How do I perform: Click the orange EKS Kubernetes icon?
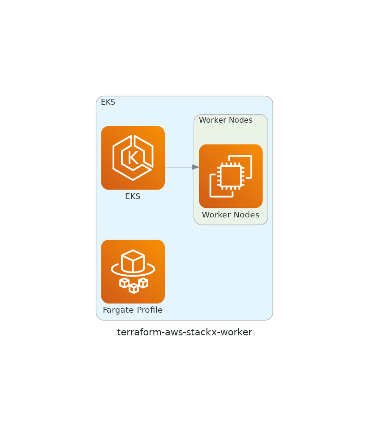(x=133, y=158)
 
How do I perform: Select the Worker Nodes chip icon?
(x=231, y=176)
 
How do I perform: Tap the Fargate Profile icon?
(x=133, y=271)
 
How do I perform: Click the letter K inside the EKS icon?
(x=133, y=158)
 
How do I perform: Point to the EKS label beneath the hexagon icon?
(x=133, y=197)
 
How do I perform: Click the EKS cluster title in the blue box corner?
(x=108, y=102)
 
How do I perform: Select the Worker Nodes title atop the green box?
(x=225, y=120)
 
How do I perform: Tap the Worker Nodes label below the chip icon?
(x=231, y=215)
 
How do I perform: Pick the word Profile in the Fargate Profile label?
(x=148, y=310)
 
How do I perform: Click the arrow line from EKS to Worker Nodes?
(x=179, y=167)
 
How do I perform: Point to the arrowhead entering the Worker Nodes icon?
(x=196, y=167)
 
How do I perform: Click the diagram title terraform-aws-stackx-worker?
(x=184, y=333)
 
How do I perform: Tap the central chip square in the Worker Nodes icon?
(x=231, y=176)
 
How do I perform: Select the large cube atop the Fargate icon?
(x=133, y=261)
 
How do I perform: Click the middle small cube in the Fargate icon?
(x=134, y=288)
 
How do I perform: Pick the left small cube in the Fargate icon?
(x=124, y=283)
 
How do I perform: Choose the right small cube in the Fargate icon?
(x=143, y=283)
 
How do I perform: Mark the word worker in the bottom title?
(x=238, y=333)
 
